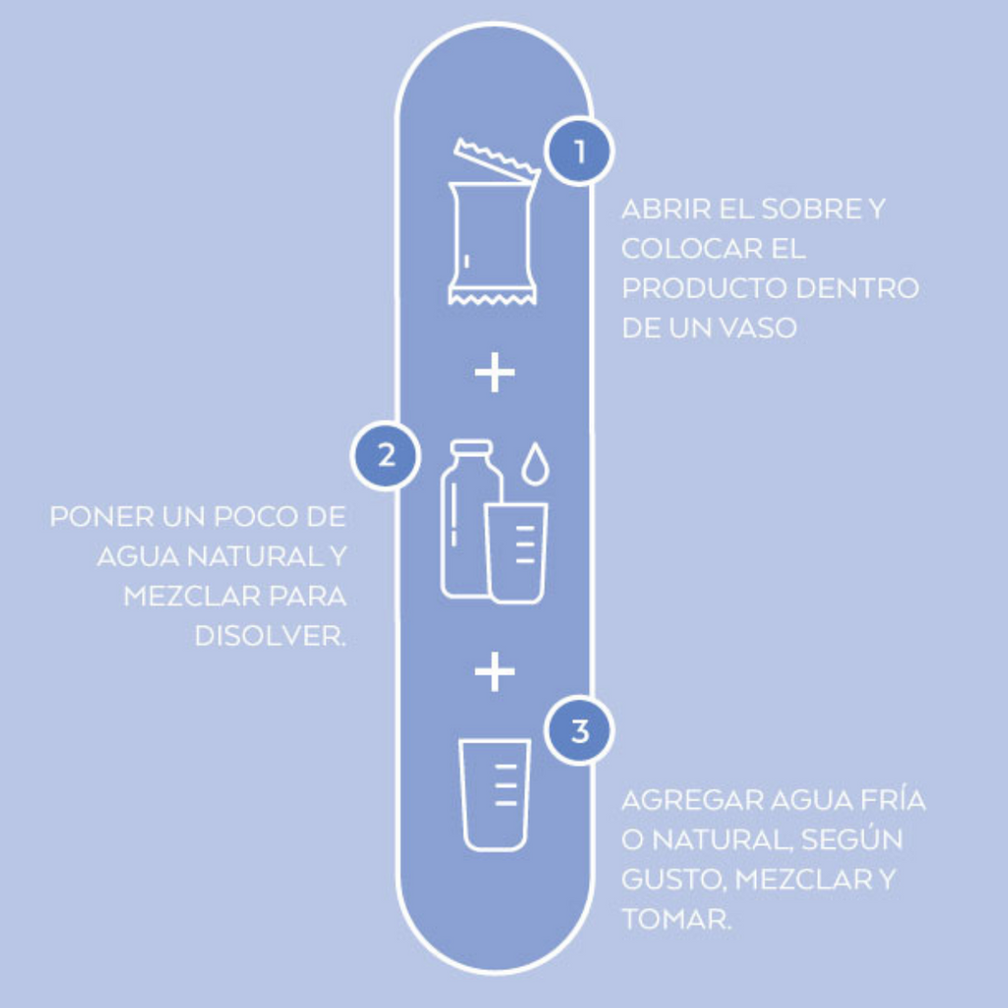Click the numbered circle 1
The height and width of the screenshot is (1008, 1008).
579,151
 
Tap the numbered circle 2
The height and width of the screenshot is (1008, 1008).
386,456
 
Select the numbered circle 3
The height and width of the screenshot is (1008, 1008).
579,730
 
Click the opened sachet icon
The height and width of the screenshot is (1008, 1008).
494,220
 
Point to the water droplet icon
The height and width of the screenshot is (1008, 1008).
535,463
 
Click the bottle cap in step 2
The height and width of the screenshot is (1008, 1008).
472,447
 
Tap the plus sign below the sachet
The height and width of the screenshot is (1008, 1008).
494,372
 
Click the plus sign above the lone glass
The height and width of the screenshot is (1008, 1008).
494,671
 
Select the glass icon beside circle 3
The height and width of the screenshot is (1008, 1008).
494,794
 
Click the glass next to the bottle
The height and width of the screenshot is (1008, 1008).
516,553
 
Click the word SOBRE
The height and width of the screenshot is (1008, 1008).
811,209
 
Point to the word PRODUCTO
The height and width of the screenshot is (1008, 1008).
705,288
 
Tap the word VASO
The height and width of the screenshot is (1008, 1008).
758,328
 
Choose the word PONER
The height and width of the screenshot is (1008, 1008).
101,516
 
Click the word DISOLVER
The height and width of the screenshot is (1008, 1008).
271,636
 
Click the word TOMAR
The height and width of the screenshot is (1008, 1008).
676,918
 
